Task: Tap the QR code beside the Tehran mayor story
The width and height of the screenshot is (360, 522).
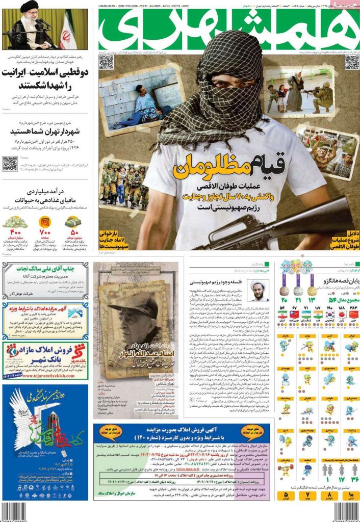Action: (x=10, y=164)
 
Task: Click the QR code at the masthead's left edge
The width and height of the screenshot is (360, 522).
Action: (x=106, y=62)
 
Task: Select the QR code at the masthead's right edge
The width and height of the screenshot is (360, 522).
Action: (x=352, y=62)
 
